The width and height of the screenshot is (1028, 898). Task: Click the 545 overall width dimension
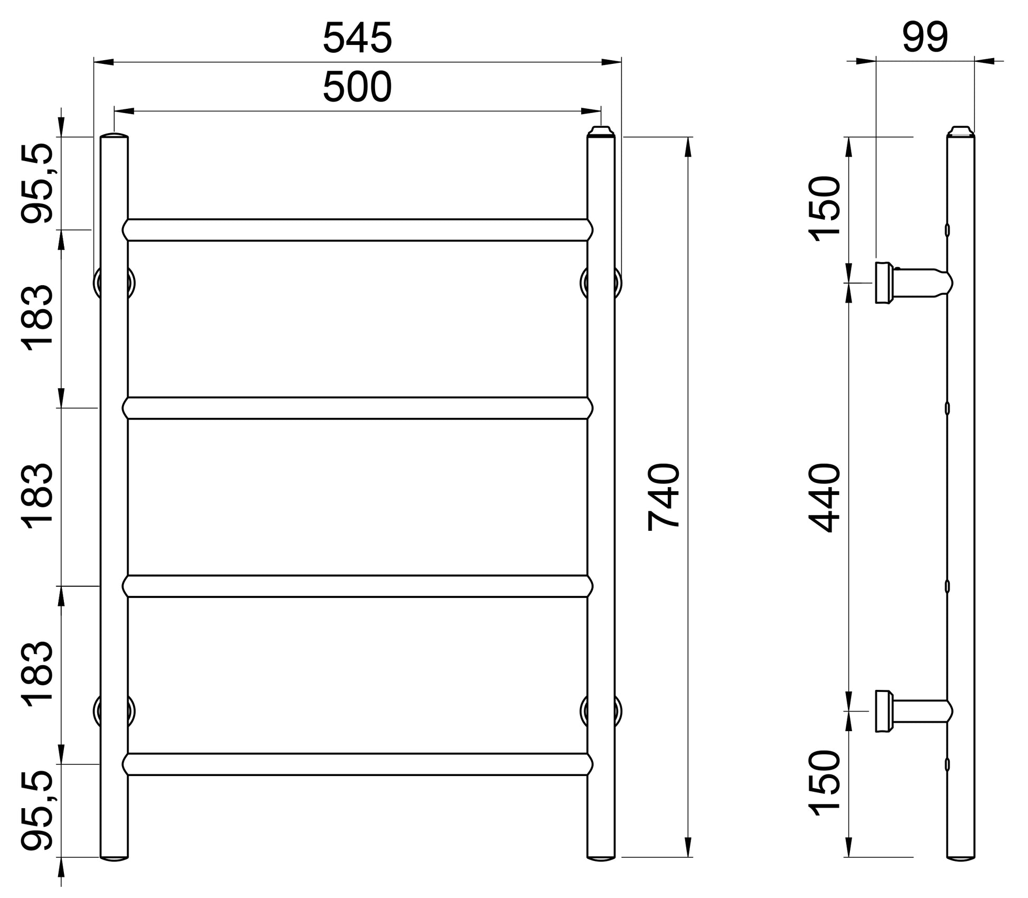(358, 38)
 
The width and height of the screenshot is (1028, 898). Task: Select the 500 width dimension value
(358, 87)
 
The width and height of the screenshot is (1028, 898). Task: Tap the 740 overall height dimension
(663, 497)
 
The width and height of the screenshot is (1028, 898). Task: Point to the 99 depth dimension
(926, 38)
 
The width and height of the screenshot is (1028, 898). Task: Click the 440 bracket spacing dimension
(824, 498)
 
